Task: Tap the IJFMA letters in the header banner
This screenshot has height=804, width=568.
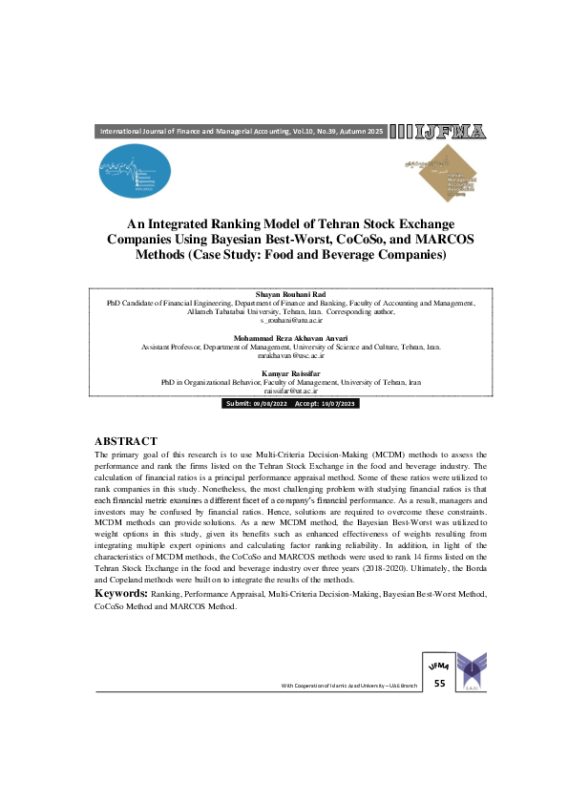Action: (x=440, y=132)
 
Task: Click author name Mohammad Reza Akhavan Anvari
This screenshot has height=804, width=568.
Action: (x=284, y=338)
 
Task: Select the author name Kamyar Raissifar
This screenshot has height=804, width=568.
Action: (x=284, y=371)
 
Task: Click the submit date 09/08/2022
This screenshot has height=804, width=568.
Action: (x=272, y=405)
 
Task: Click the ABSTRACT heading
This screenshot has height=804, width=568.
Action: (x=125, y=441)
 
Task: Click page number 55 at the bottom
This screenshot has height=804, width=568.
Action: (x=439, y=684)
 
